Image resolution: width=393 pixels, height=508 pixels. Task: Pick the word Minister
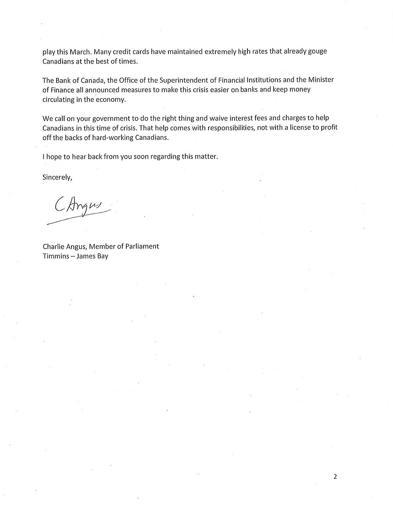(x=321, y=80)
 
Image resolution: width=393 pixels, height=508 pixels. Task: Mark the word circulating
(x=58, y=99)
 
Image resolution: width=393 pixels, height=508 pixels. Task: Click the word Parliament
(x=142, y=246)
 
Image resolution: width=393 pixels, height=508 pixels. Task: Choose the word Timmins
(x=56, y=256)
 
